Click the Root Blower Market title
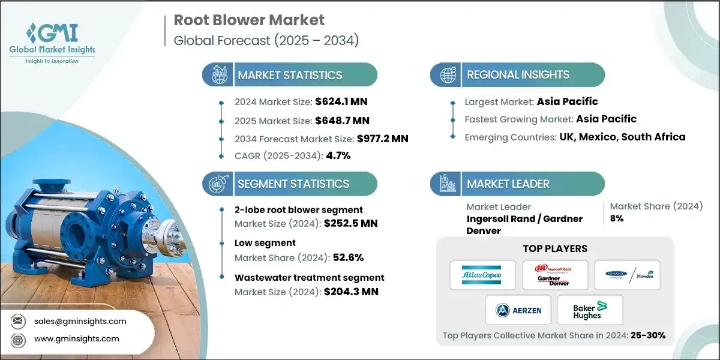pyautogui.click(x=249, y=20)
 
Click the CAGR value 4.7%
pyautogui.click(x=337, y=155)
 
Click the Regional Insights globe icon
pyautogui.click(x=448, y=75)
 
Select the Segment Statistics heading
pyautogui.click(x=293, y=184)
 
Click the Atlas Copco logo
pyautogui.click(x=482, y=275)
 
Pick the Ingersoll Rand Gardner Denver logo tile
pyautogui.click(x=554, y=275)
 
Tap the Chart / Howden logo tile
pyautogui.click(x=627, y=275)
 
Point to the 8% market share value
pyautogui.click(x=616, y=218)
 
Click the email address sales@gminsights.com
pyautogui.click(x=80, y=321)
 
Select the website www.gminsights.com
pyautogui.click(x=77, y=339)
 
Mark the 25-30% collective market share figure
pyautogui.click(x=648, y=336)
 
